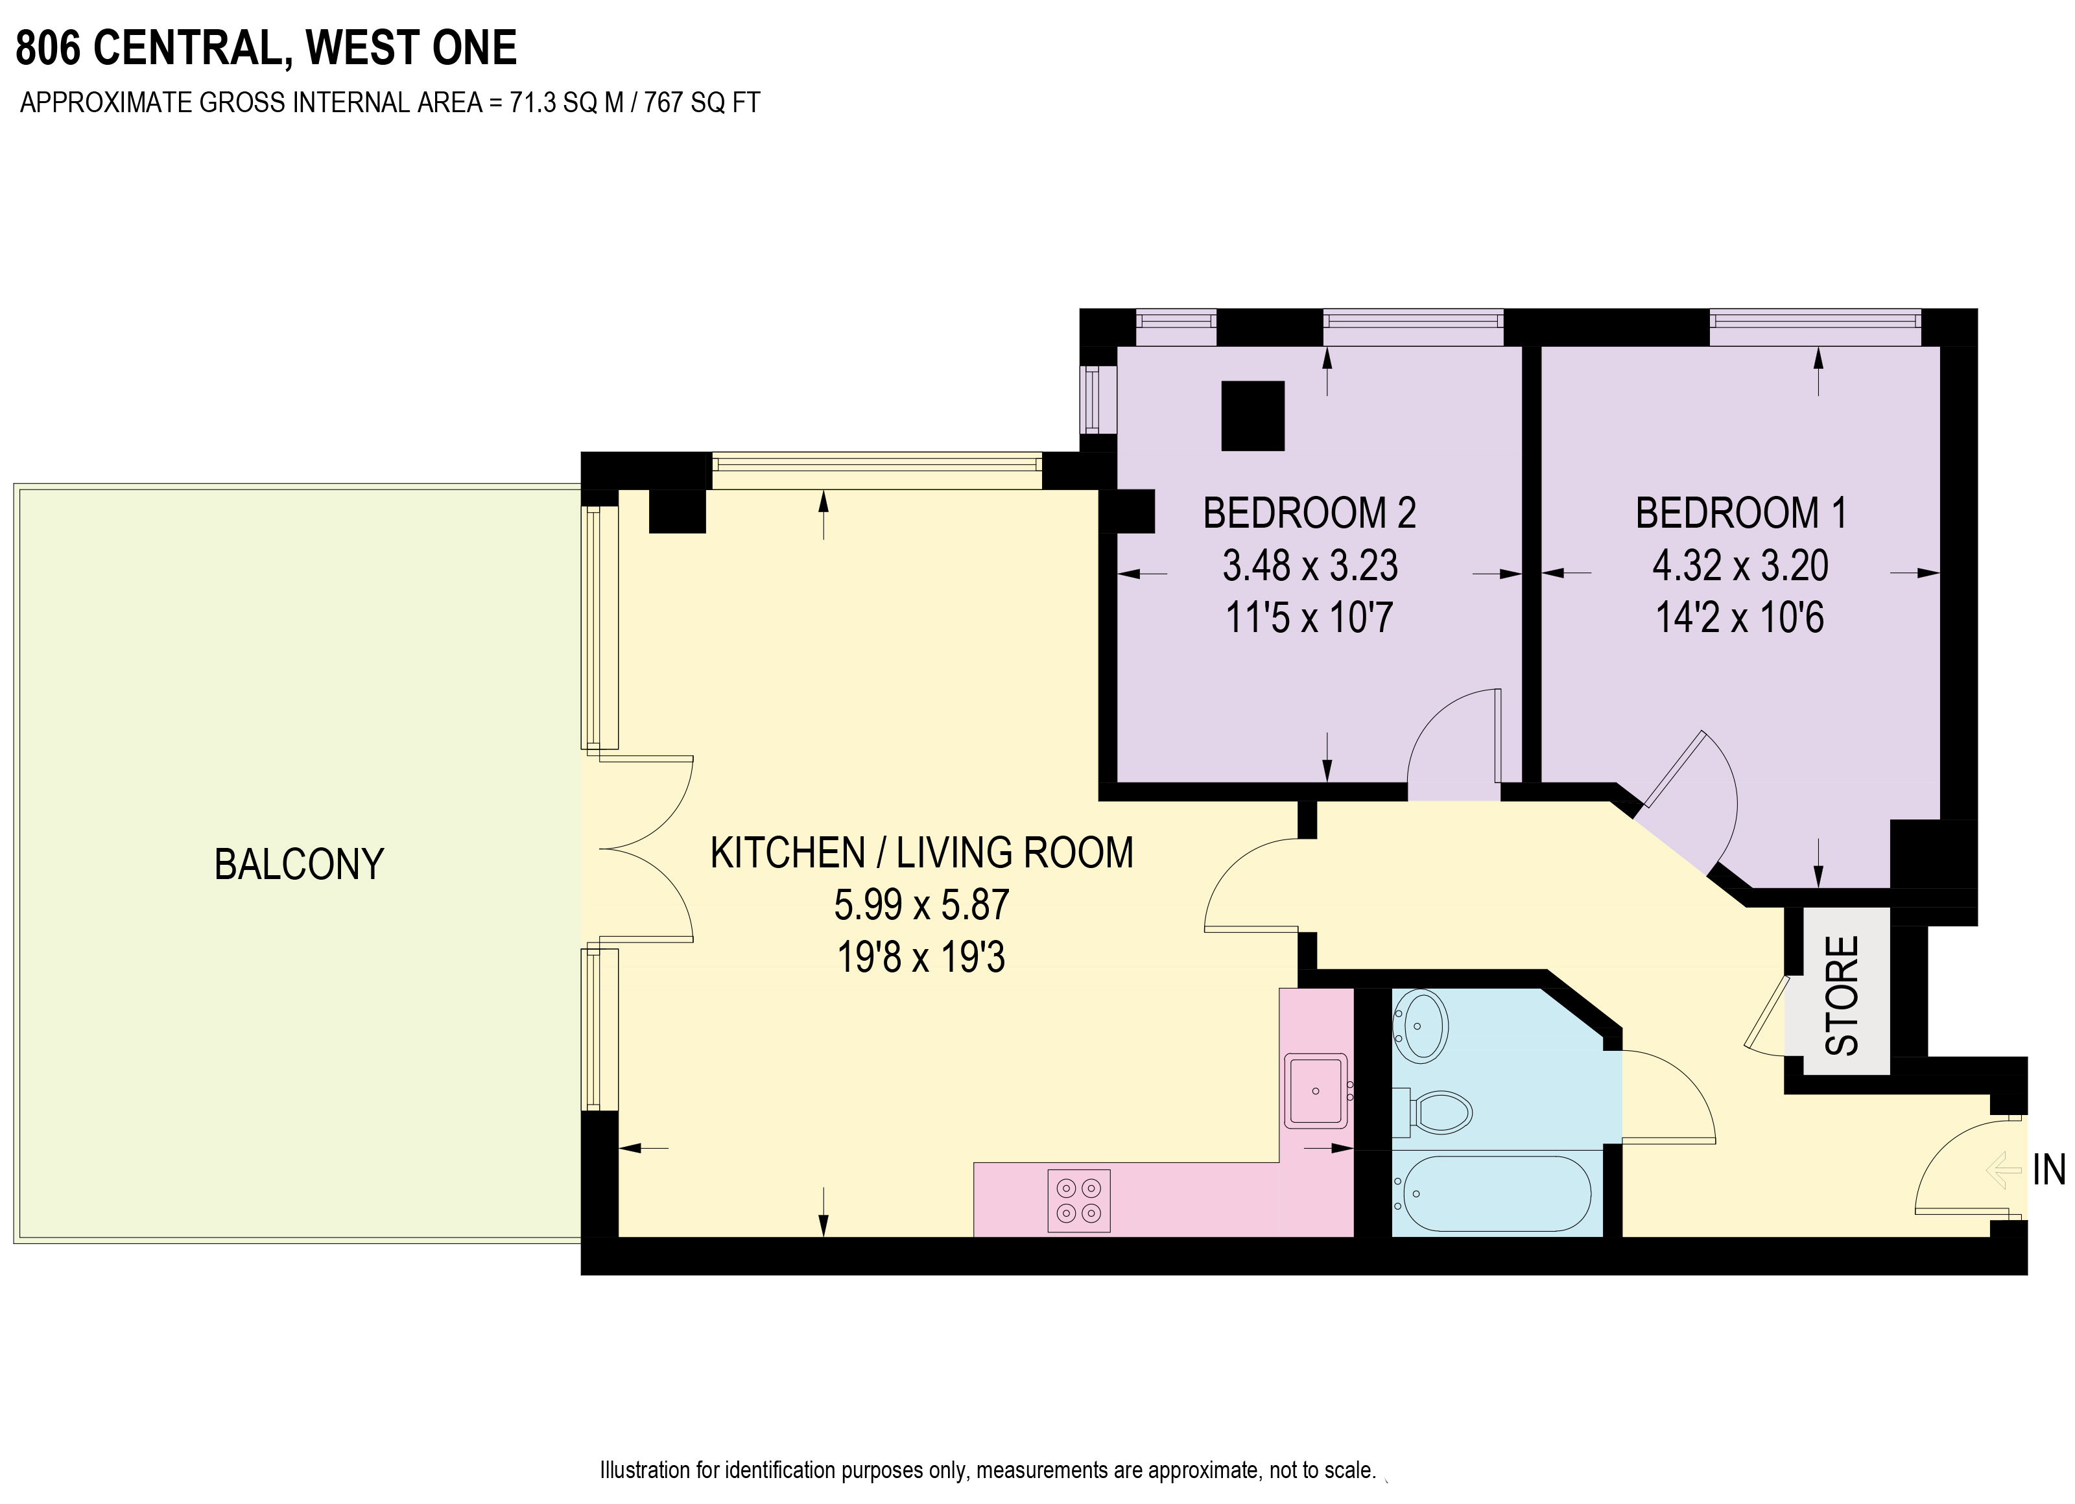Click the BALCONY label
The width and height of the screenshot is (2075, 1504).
(299, 865)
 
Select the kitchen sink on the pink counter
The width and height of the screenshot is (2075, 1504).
(1316, 1090)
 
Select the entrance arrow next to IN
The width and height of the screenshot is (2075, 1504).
(2004, 1170)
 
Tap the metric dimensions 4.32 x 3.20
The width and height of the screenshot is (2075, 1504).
(1740, 565)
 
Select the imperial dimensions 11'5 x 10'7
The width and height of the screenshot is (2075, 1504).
(1309, 618)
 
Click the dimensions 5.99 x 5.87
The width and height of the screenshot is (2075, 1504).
(921, 905)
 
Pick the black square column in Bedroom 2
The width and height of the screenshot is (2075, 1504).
(1253, 416)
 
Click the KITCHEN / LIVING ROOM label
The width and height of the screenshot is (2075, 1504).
(922, 852)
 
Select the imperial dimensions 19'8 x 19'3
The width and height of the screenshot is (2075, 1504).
(921, 957)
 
